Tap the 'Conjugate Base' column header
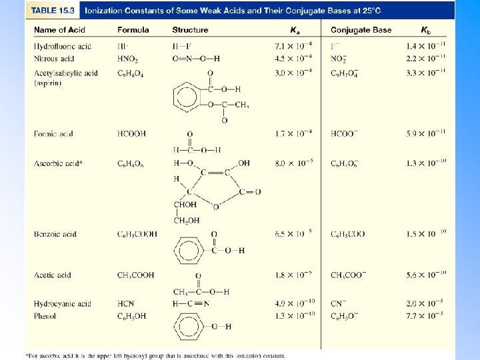361,30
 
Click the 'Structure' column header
190,30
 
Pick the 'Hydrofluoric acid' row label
63,47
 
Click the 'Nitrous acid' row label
54,59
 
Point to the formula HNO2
127,59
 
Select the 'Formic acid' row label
53,134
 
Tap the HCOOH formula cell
131,134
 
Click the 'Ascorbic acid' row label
58,163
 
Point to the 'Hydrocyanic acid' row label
63,304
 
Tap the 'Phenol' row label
45,315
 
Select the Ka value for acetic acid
293,275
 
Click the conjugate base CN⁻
338,304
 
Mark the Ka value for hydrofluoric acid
293,47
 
